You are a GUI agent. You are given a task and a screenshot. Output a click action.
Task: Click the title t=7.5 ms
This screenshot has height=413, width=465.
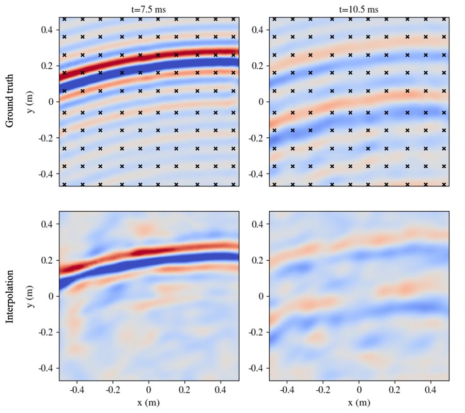[149, 9]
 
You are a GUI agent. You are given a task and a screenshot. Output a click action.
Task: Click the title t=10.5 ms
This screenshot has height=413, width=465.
[359, 9]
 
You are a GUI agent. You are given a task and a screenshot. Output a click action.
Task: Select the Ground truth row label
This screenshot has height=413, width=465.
[9, 102]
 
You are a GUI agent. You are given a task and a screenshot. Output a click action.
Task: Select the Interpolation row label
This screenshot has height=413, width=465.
[9, 295]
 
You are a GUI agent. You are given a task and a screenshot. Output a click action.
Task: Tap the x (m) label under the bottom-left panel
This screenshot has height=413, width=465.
[149, 402]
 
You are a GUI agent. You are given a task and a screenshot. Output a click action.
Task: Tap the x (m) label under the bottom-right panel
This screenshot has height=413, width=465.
[359, 402]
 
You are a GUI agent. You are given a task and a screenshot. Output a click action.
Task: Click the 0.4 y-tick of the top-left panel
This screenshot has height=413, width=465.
[48, 30]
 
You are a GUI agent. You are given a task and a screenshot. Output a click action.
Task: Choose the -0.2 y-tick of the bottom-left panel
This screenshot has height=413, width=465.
[47, 332]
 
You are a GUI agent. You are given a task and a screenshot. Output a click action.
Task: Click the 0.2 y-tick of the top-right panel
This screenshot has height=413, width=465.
[258, 66]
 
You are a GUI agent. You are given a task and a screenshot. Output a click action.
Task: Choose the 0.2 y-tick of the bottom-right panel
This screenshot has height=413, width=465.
[258, 260]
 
